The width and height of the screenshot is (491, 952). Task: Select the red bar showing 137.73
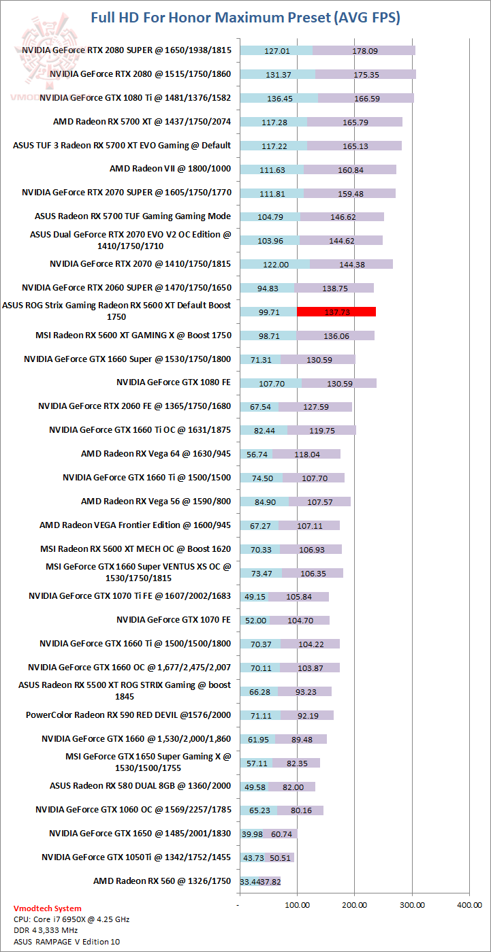336,312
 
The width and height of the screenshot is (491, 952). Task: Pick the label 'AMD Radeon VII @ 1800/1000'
170,169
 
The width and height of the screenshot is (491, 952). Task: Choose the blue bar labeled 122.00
275,264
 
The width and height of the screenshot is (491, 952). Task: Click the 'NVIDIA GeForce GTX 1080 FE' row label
174,382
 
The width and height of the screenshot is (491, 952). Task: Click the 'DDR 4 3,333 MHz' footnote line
46,930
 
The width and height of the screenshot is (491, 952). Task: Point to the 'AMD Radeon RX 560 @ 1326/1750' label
162,881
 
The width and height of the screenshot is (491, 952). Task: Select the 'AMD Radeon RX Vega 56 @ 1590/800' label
156,501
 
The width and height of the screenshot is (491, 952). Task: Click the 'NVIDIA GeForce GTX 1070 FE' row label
174,620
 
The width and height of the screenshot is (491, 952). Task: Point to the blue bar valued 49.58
254,786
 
